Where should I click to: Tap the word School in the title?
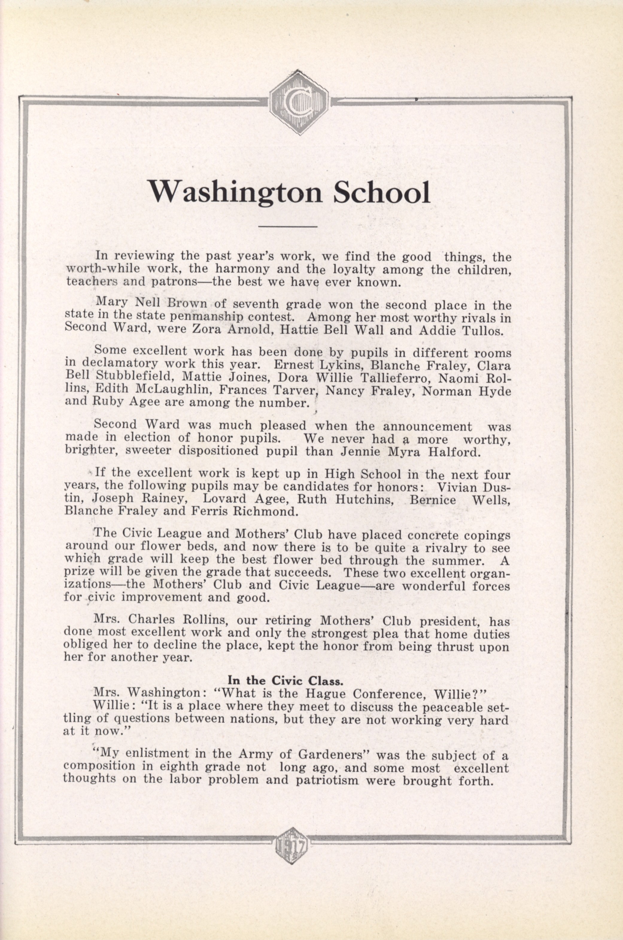tap(382, 193)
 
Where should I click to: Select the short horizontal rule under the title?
tap(288, 227)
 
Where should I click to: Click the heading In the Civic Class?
tap(285, 680)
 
